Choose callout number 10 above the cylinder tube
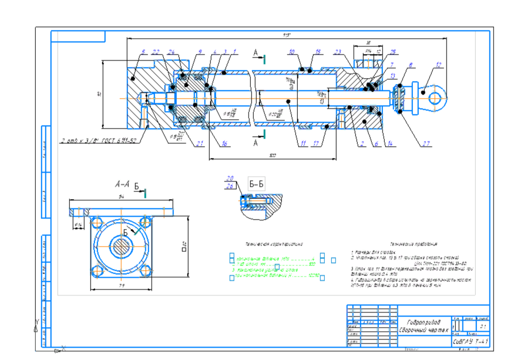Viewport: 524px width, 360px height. tap(291, 52)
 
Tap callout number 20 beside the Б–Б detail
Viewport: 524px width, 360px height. tap(230, 179)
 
